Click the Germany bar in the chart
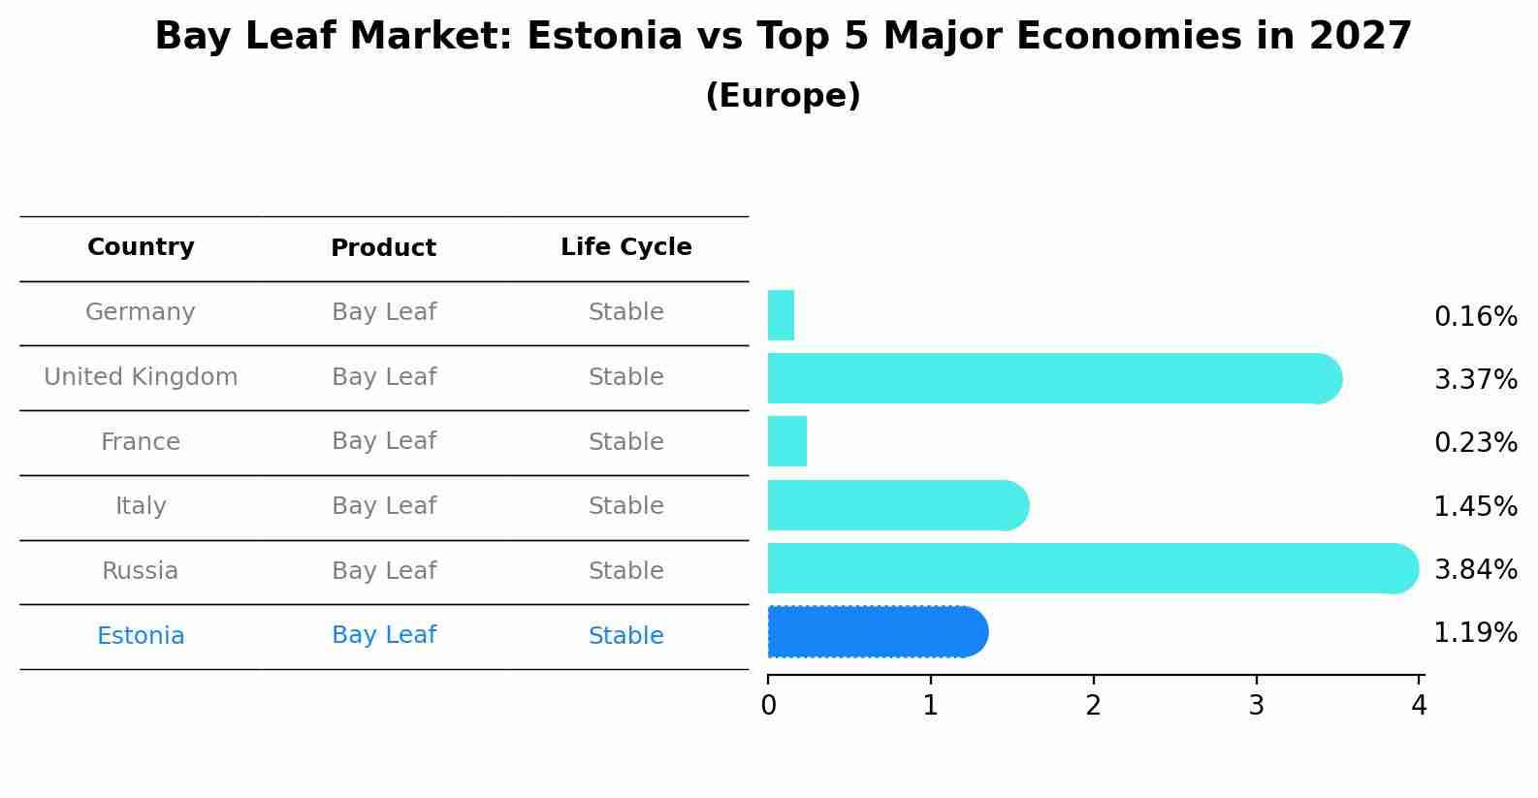(x=781, y=315)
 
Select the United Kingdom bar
(x=1052, y=378)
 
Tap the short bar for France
(x=786, y=441)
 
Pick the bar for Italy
(x=897, y=505)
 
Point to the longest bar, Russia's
(x=1091, y=568)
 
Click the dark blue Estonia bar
(x=877, y=632)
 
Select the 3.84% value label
(x=1475, y=570)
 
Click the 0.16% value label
(x=1475, y=317)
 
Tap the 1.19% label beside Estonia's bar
(x=1475, y=633)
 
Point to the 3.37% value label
(x=1475, y=380)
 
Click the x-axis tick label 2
(x=1093, y=706)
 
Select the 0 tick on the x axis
(x=768, y=706)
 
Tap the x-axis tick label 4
(x=1419, y=706)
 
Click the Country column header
(x=141, y=247)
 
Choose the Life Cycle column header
(x=625, y=247)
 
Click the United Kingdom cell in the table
(x=141, y=377)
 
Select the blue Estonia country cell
(x=141, y=636)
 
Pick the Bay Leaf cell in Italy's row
(x=384, y=506)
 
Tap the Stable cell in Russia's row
(x=625, y=571)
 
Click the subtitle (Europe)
(x=783, y=96)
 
